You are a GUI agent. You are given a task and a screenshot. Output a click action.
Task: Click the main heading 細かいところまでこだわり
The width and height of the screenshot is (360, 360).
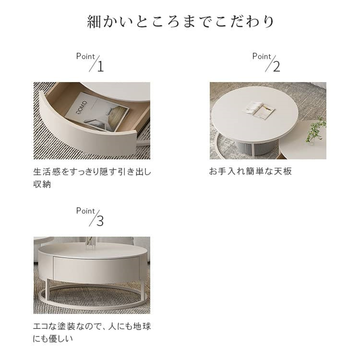(x=180, y=22)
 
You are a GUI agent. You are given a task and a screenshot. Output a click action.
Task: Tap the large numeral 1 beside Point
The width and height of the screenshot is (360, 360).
(x=100, y=67)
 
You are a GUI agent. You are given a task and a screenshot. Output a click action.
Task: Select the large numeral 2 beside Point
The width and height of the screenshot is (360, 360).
(x=276, y=67)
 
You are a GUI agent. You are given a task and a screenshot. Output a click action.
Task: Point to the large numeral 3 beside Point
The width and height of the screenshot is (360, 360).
(x=100, y=221)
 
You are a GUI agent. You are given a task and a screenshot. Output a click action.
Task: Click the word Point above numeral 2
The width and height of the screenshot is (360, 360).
(x=262, y=56)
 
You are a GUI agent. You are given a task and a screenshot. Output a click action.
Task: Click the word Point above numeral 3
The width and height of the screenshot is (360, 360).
(x=85, y=211)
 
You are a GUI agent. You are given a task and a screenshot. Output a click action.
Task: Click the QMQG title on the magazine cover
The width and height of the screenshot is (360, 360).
(x=79, y=108)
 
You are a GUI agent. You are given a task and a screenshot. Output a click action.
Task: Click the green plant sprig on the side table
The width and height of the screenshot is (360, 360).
(x=316, y=131)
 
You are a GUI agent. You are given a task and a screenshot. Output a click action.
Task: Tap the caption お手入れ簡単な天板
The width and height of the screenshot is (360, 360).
(x=250, y=171)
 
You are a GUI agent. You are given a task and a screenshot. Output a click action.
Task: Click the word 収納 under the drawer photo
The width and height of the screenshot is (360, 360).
(x=42, y=184)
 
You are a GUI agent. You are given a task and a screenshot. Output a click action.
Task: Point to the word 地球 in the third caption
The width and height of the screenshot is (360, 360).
(x=142, y=326)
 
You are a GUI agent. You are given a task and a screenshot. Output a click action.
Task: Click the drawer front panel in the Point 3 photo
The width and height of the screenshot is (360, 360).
(x=96, y=269)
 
